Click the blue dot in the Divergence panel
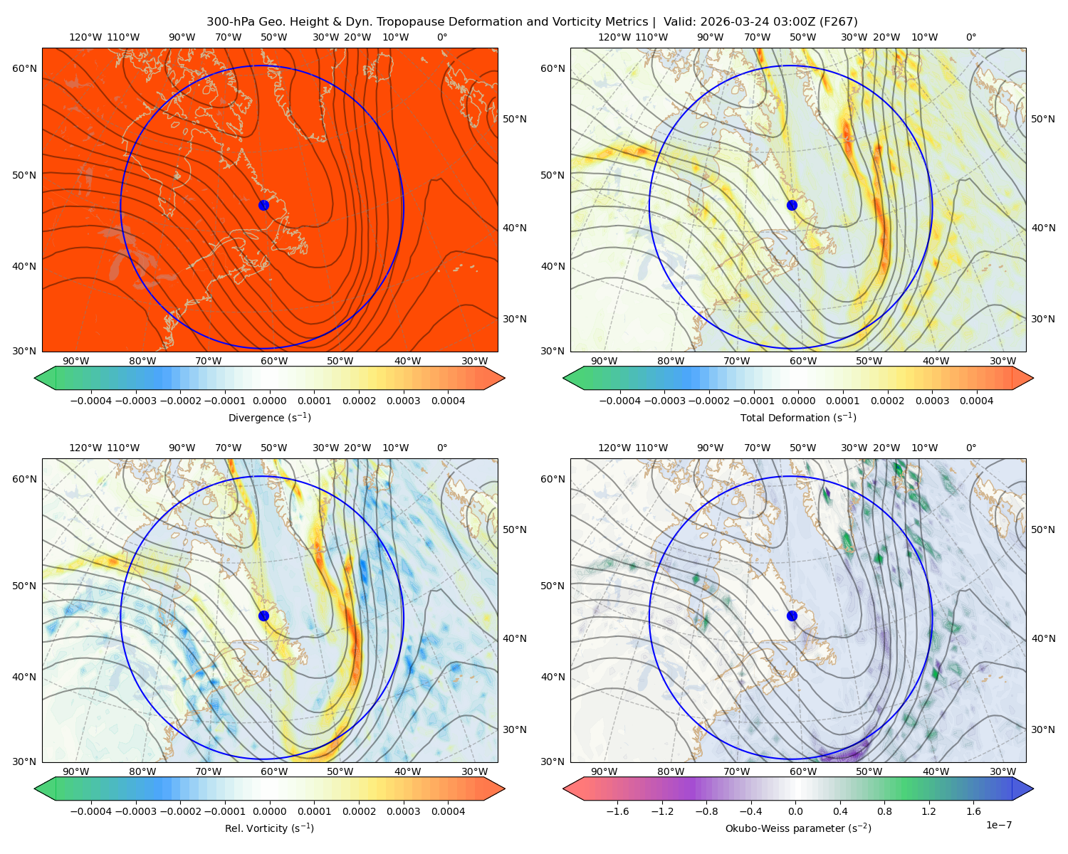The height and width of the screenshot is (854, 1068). [x=263, y=205]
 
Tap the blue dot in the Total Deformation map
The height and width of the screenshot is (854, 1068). [x=792, y=205]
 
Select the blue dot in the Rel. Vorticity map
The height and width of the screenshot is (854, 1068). [x=263, y=616]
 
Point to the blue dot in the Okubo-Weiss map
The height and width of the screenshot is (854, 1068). [x=792, y=616]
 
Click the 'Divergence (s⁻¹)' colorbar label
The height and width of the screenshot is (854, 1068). [x=269, y=417]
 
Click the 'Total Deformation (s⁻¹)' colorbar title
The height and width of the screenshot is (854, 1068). [x=798, y=417]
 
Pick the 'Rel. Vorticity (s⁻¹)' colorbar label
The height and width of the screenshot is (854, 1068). [x=269, y=828]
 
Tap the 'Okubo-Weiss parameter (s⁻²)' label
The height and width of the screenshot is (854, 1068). [x=798, y=828]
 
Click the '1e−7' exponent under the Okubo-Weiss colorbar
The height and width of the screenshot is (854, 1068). [x=998, y=825]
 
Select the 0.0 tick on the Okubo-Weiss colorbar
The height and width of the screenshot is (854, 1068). [x=795, y=811]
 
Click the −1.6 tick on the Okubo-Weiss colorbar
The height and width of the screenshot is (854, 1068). [x=617, y=811]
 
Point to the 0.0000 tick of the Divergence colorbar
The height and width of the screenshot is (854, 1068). [x=269, y=401]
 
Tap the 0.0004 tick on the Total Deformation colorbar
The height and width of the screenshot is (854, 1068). [x=976, y=401]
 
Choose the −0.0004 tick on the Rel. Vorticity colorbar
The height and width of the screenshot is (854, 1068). [x=91, y=811]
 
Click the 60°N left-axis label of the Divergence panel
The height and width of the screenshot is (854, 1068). [x=24, y=68]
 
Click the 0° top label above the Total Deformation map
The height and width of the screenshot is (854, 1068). [x=970, y=37]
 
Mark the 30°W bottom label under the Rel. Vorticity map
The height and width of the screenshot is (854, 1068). [x=474, y=771]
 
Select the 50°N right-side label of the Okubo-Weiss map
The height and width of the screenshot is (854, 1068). [x=1042, y=529]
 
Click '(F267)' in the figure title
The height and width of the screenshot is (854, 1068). [x=838, y=22]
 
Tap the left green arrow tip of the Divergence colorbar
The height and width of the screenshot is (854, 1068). [x=35, y=378]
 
